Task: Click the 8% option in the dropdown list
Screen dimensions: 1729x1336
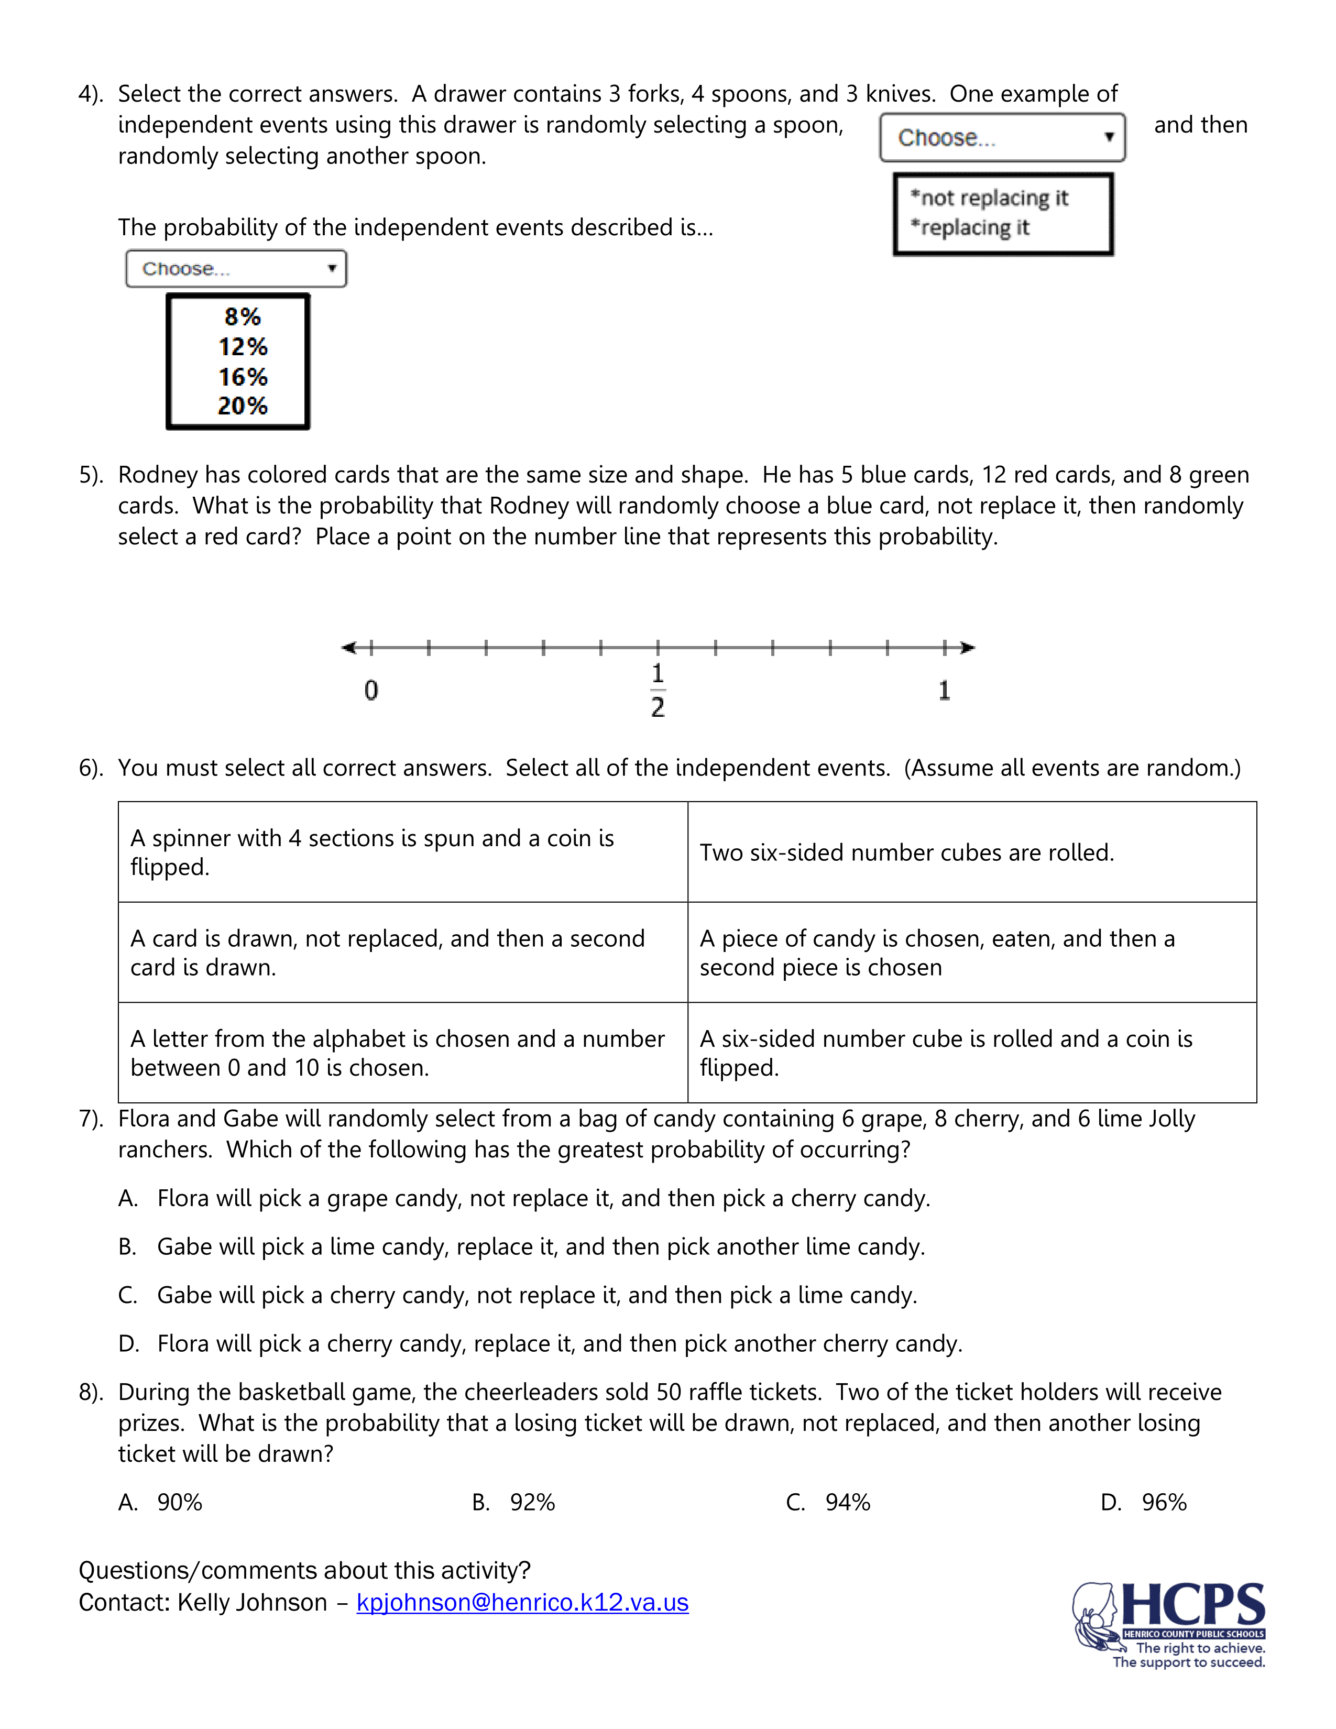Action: [242, 316]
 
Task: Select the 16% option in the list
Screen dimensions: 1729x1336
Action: [243, 377]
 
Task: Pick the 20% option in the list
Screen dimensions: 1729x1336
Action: [243, 406]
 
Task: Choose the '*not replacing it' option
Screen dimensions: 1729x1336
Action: [989, 198]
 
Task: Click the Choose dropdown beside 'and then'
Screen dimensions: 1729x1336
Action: [1002, 138]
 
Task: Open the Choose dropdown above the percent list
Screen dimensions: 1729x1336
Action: [236, 269]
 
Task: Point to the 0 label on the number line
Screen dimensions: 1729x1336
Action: [371, 691]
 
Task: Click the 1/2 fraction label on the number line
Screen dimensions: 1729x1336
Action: [658, 691]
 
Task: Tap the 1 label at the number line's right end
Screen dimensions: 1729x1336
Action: [944, 691]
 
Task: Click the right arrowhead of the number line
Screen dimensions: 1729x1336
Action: [967, 648]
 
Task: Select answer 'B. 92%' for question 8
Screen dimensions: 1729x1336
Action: [514, 1503]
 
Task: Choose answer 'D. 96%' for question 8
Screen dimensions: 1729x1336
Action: [1144, 1503]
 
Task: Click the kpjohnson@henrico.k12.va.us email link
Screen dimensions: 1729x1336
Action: [522, 1602]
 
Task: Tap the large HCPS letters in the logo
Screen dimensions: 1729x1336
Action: [1193, 1605]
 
